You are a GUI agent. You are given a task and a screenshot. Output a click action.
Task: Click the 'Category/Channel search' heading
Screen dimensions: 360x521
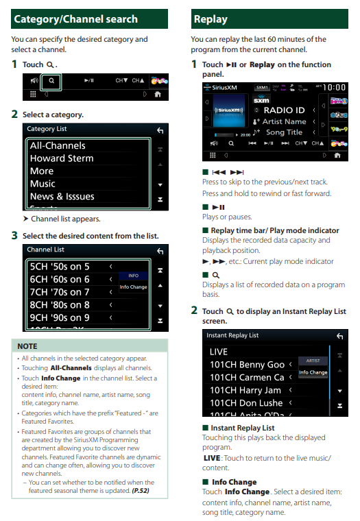tap(76, 19)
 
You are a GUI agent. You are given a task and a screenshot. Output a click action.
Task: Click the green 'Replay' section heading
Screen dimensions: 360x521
tap(211, 19)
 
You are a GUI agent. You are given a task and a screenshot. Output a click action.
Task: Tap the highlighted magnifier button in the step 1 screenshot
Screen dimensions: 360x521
tap(51, 81)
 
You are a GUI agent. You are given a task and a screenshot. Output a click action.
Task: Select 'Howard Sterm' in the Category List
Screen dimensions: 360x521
tap(62, 158)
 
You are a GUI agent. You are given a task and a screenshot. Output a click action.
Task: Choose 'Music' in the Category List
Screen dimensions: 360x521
tap(43, 184)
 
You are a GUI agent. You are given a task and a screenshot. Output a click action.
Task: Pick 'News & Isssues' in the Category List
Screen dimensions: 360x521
tap(62, 196)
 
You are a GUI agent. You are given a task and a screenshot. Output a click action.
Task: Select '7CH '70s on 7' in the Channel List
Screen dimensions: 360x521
tap(60, 292)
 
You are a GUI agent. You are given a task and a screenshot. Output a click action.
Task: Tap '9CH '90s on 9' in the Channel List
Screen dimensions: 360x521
tap(60, 317)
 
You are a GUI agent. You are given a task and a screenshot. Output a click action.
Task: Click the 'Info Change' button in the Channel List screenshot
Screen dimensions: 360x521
tap(133, 287)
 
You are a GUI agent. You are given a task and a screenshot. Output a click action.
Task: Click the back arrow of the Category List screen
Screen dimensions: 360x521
tap(160, 130)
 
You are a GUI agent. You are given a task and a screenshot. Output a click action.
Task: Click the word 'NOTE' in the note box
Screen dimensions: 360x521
tap(27, 346)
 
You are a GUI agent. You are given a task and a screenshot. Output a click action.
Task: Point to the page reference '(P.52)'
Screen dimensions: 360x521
tap(141, 491)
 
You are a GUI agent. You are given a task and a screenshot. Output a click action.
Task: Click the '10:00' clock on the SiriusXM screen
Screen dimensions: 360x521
tap(335, 87)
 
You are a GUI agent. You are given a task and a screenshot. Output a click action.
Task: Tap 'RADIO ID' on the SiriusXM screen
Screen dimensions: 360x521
tap(284, 110)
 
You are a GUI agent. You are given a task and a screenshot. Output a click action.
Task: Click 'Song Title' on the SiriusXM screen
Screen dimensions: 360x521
tap(284, 132)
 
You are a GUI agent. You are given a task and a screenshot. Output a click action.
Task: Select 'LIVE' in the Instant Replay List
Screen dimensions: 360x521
tap(219, 352)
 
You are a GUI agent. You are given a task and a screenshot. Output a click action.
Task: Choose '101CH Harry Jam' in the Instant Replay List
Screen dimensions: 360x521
tap(245, 390)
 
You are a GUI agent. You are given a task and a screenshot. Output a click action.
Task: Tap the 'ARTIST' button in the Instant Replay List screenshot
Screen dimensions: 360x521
tap(313, 361)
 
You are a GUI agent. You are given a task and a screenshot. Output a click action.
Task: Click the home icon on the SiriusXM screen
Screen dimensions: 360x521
tap(337, 155)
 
